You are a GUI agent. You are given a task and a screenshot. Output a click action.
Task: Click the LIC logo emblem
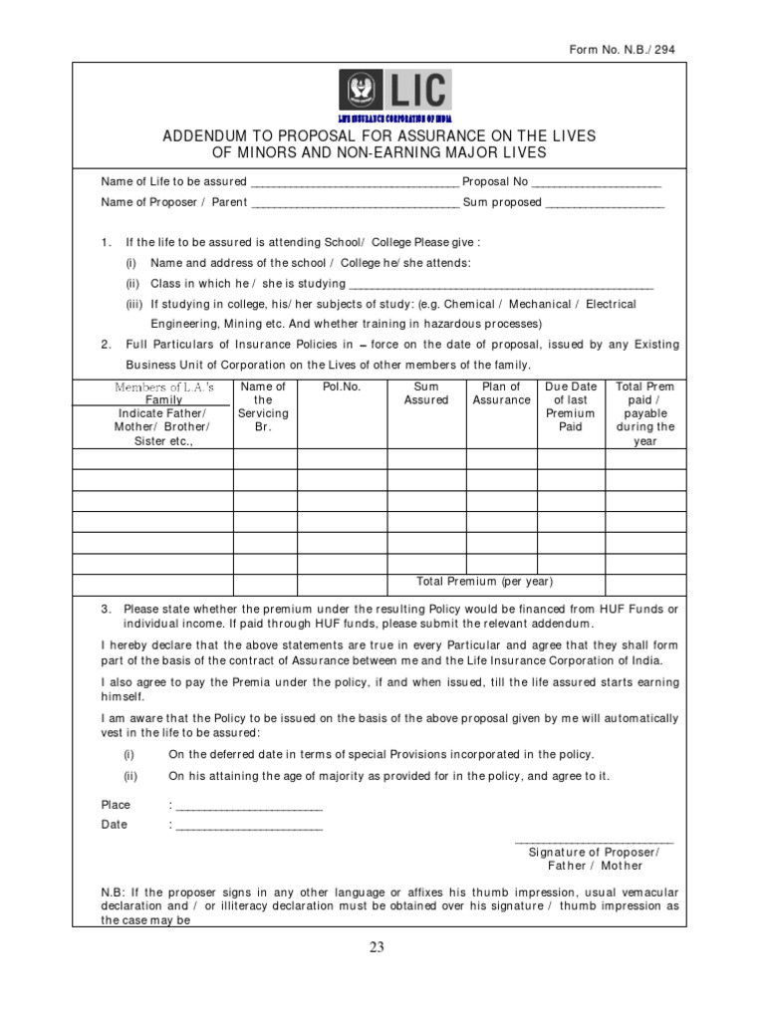pyautogui.click(x=362, y=91)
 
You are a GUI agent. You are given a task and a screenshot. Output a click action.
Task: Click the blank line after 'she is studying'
pyautogui.click(x=496, y=285)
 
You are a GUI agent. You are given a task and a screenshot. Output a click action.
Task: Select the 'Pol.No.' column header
pyautogui.click(x=342, y=386)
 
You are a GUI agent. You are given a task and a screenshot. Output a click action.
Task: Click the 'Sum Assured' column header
pyautogui.click(x=426, y=393)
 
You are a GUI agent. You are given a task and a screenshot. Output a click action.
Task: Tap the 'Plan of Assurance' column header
pyautogui.click(x=501, y=393)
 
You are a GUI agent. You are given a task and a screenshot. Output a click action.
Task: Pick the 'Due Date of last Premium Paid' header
pyautogui.click(x=571, y=406)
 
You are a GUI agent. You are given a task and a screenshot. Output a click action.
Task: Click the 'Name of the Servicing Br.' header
pyautogui.click(x=264, y=406)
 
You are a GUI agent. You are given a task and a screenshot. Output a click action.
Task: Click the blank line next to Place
pyautogui.click(x=248, y=806)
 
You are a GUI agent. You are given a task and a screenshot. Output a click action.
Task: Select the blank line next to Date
pyautogui.click(x=248, y=826)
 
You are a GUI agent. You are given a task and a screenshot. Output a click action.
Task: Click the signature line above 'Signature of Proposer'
pyautogui.click(x=594, y=842)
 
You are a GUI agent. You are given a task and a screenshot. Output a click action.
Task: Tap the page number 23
pyautogui.click(x=377, y=947)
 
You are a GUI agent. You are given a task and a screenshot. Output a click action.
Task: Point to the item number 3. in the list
pyautogui.click(x=106, y=609)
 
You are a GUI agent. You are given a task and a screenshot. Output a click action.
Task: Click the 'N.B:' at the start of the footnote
pyautogui.click(x=113, y=891)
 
